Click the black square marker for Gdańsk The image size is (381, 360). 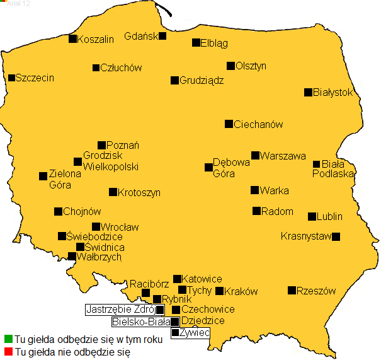pyautogui.click(x=162, y=36)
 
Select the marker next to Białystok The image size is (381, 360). pyautogui.click(x=308, y=92)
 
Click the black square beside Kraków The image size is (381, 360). pyautogui.click(x=219, y=291)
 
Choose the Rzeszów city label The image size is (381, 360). pyautogui.click(x=316, y=291)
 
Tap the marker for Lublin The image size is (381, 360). pyautogui.click(x=312, y=216)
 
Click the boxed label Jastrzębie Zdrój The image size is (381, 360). pyautogui.click(x=120, y=310)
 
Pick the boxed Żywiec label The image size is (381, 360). pyautogui.click(x=194, y=332)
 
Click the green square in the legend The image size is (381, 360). pyautogui.click(x=8, y=339)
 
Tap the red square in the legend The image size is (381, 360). pyautogui.click(x=8, y=351)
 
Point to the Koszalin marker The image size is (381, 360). pyautogui.click(x=72, y=38)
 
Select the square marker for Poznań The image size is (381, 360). pyautogui.click(x=101, y=145)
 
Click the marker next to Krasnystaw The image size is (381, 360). pyautogui.click(x=336, y=236)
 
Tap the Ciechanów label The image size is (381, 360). pyautogui.click(x=258, y=124)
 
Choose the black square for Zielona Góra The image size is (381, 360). pyautogui.click(x=43, y=176)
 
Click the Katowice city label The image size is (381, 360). pyautogui.click(x=202, y=279)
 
